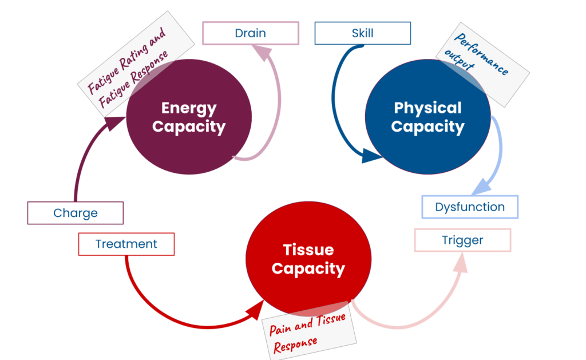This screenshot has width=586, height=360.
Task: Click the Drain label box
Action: (x=250, y=33)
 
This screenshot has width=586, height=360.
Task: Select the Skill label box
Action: (x=362, y=33)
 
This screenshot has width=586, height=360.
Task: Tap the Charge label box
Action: (x=75, y=213)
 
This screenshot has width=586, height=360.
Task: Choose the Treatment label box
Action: (x=126, y=244)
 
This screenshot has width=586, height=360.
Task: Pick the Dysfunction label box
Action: (x=470, y=207)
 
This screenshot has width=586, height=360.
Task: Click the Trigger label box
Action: (x=462, y=240)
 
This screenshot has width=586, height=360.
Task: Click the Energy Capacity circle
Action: (x=189, y=117)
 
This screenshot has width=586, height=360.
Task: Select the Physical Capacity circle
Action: (x=427, y=117)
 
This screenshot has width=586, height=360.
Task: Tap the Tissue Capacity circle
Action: (x=308, y=259)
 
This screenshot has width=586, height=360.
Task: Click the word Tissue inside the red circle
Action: (x=308, y=250)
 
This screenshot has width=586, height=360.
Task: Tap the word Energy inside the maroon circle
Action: (x=189, y=108)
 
